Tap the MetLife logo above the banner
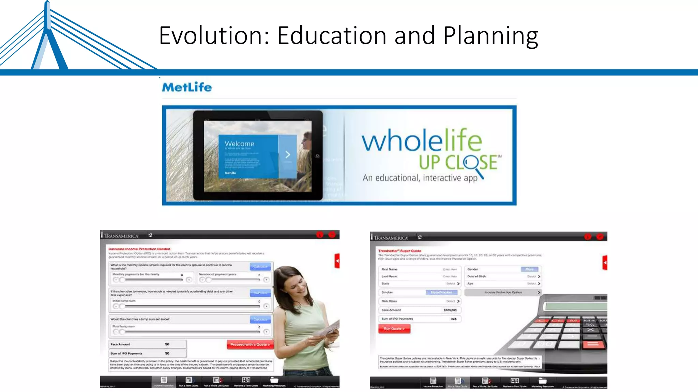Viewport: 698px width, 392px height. pos(187,87)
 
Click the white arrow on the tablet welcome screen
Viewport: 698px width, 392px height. pos(288,155)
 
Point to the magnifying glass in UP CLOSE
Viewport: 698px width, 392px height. pos(472,163)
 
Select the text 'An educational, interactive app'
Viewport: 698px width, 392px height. pos(420,178)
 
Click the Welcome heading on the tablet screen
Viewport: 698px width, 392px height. pos(239,144)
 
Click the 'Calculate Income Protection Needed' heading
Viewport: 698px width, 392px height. pos(139,249)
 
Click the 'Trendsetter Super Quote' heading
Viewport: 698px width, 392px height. pos(399,251)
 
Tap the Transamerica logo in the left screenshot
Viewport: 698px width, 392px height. pos(120,235)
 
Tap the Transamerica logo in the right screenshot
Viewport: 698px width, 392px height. pos(390,238)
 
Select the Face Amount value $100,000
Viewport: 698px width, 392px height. pos(450,310)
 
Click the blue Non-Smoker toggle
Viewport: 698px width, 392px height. pos(441,292)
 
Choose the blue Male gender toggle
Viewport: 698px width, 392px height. pos(529,269)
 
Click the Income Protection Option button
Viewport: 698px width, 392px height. pos(503,292)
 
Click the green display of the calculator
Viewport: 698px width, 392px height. pos(576,306)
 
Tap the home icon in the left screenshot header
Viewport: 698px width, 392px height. pos(150,235)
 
